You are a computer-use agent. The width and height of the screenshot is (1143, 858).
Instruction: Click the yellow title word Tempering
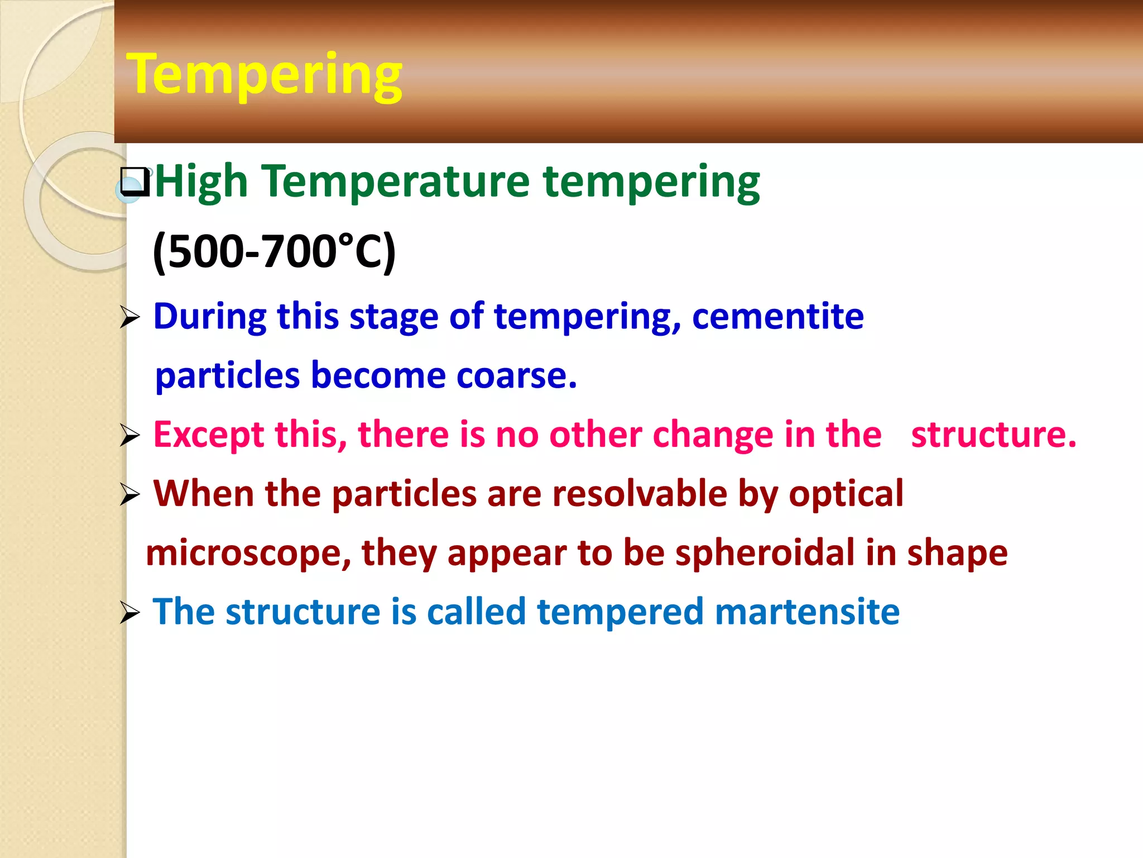tap(264, 75)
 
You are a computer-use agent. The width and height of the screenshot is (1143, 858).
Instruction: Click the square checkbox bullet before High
tap(135, 182)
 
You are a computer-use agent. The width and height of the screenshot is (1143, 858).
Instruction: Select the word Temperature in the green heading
tap(396, 182)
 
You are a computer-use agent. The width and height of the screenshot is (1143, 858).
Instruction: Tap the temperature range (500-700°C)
tap(273, 251)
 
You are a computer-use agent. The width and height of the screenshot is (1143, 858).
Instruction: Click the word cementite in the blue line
tap(777, 317)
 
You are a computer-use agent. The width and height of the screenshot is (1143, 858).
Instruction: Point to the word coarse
tap(516, 375)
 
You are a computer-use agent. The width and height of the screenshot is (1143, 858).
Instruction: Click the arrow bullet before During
tap(129, 318)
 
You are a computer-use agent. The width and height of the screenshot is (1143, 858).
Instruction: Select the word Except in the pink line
tap(208, 435)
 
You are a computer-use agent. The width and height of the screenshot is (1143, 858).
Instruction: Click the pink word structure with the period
tap(993, 435)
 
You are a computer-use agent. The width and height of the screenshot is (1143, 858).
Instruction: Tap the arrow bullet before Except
tap(129, 436)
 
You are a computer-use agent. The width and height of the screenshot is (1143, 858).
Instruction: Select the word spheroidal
tap(765, 553)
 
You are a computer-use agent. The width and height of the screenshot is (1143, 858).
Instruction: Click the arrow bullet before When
tap(129, 495)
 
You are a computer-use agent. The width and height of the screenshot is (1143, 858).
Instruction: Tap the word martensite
tap(807, 612)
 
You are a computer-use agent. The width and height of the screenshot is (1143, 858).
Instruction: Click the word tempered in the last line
tap(619, 612)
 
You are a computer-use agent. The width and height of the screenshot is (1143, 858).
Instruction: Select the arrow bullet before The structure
tap(129, 614)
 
